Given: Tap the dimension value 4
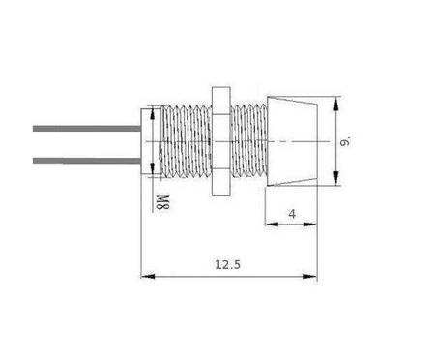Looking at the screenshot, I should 291,212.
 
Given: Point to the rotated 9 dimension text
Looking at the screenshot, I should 344,141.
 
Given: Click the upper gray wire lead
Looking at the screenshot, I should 87,127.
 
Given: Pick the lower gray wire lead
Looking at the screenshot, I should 87,160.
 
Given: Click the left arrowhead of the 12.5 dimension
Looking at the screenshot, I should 146,277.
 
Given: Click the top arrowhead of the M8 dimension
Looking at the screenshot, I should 155,111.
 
